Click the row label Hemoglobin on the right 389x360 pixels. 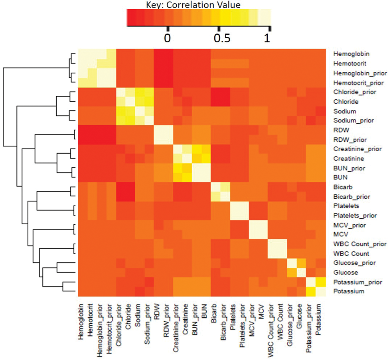pos(350,53)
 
